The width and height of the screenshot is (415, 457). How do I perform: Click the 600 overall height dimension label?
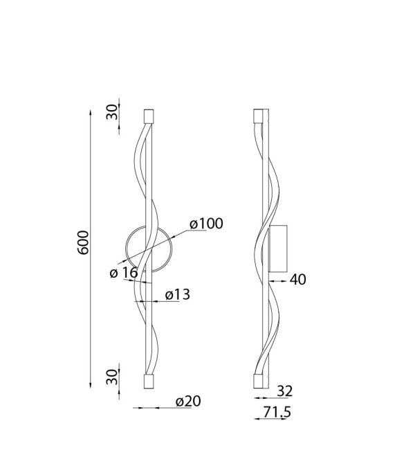pyautogui.click(x=84, y=242)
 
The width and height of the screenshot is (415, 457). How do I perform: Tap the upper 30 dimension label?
pyautogui.click(x=112, y=112)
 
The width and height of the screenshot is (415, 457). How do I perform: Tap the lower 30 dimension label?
pyautogui.click(x=112, y=377)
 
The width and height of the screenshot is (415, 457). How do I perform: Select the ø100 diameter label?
pyautogui.click(x=206, y=224)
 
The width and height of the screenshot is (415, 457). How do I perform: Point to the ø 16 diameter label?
pyautogui.click(x=124, y=273)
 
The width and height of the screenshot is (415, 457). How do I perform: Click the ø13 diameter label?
pyautogui.click(x=177, y=295)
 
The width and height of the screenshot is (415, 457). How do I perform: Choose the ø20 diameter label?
pyautogui.click(x=188, y=402)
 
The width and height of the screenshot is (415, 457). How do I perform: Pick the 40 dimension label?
pyautogui.click(x=298, y=280)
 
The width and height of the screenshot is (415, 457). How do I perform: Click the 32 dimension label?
pyautogui.click(x=284, y=391)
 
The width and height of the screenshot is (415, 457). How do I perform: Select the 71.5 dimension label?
pyautogui.click(x=277, y=412)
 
